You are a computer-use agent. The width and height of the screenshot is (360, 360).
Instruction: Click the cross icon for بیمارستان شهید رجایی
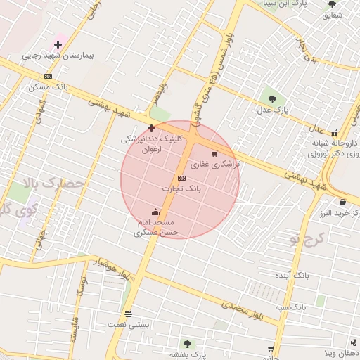(58, 45)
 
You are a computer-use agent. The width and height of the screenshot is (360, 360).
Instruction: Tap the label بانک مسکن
(49, 87)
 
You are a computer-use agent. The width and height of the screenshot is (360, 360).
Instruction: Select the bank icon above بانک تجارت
(181, 178)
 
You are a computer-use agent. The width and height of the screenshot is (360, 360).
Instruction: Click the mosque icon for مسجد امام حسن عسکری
(155, 212)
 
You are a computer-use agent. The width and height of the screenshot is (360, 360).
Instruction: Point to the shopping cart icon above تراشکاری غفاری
(214, 153)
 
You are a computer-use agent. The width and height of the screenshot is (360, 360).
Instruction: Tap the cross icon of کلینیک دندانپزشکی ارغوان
(151, 128)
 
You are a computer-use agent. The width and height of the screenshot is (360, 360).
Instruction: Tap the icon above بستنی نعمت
(128, 314)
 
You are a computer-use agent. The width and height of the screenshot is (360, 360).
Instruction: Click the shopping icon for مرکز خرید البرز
(323, 202)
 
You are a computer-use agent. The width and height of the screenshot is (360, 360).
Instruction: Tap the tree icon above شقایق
(332, 4)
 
